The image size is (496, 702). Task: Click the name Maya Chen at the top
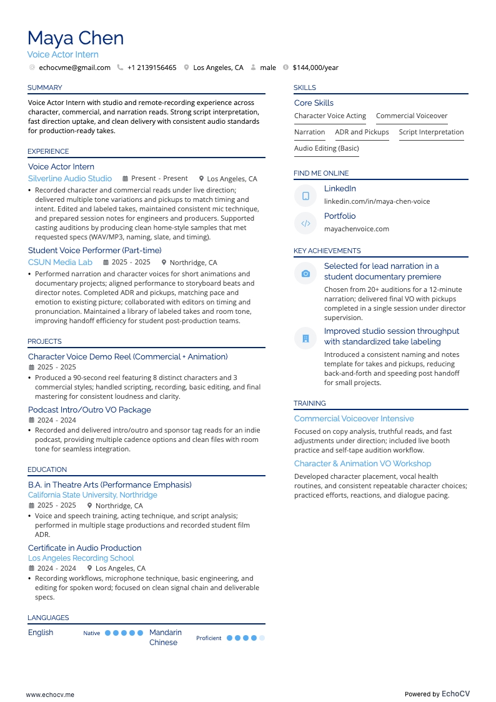76,38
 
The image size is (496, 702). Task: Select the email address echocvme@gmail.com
74,68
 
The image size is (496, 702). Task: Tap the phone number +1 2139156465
152,68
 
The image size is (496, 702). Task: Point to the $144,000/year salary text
315,68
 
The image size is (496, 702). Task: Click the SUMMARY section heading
45,88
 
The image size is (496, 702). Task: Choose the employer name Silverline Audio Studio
70,179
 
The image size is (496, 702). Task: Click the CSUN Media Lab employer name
60,263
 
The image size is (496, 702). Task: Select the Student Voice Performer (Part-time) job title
94,251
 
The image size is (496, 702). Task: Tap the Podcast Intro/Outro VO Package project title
89,410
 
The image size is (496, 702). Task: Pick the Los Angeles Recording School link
81,558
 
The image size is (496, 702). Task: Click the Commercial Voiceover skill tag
412,116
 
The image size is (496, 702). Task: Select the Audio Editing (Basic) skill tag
326,148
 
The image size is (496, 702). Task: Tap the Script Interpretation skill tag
431,132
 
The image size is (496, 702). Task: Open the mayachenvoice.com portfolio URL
356,229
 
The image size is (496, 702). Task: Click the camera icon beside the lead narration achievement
305,274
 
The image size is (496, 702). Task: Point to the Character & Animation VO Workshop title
362,464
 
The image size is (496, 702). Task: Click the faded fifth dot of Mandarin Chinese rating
262,638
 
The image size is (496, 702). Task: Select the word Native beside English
91,633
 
